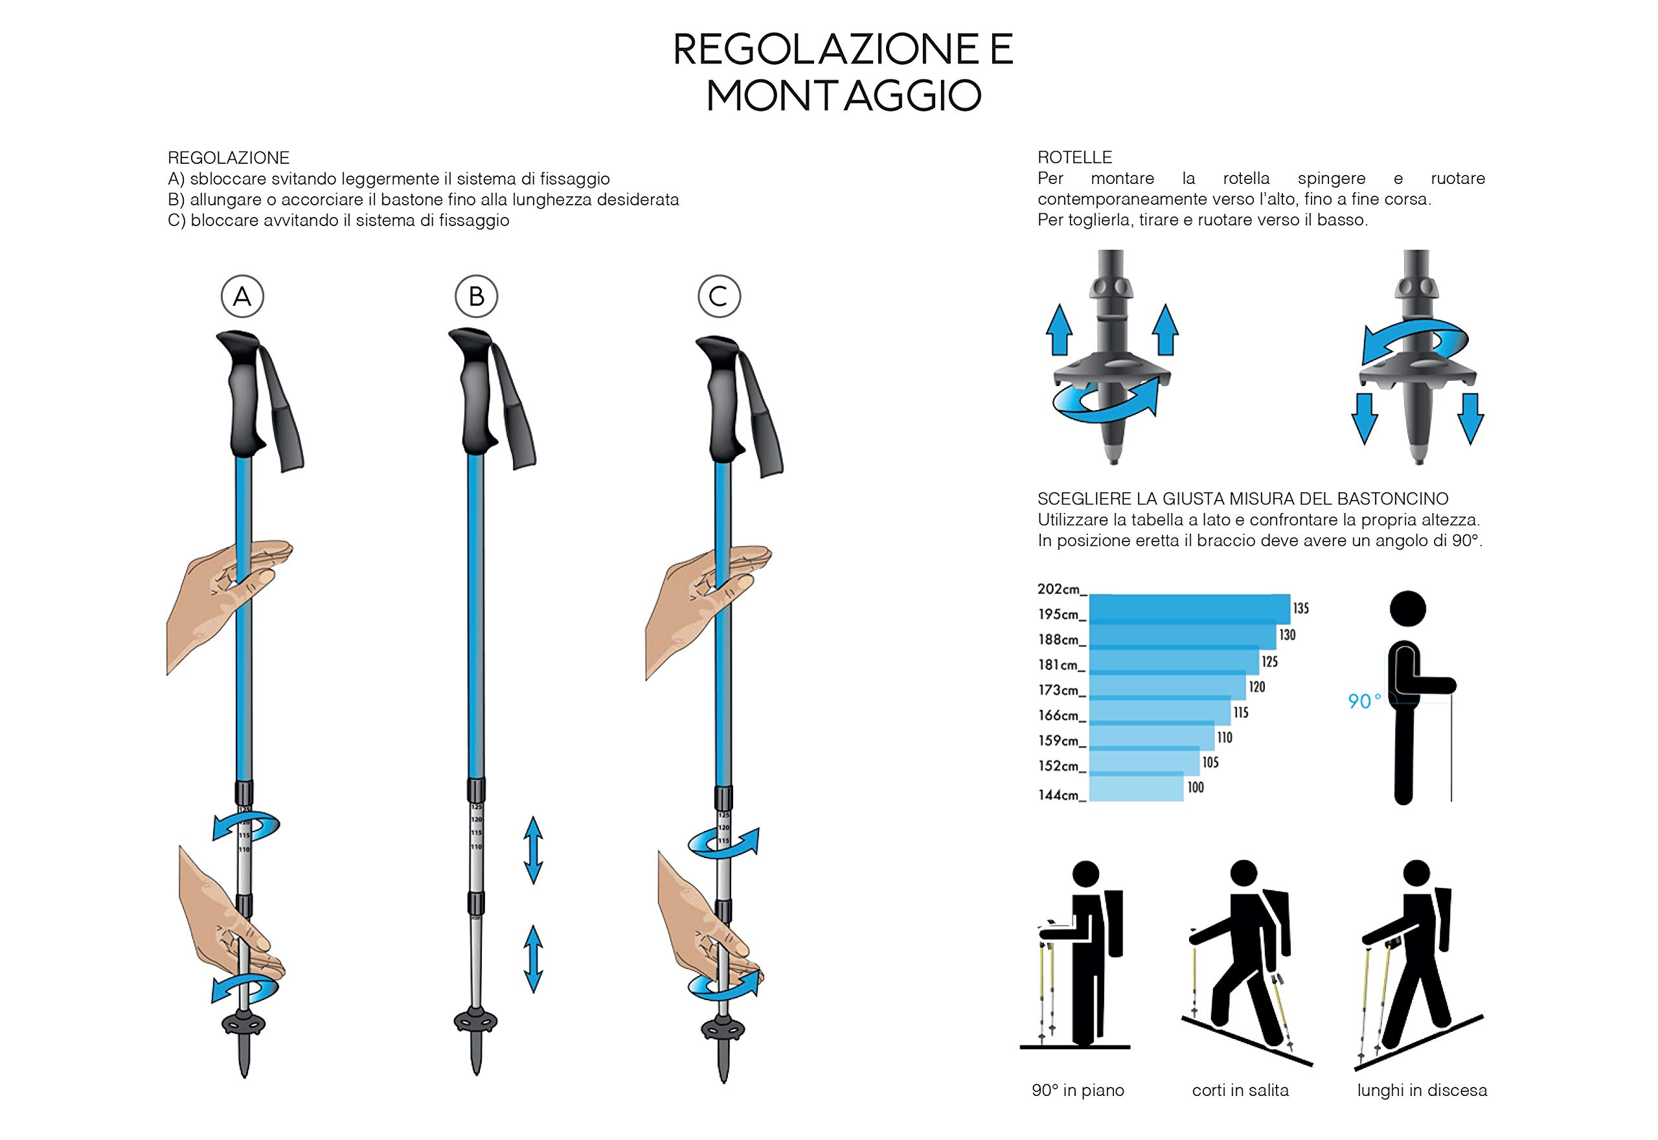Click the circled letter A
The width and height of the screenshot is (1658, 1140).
coord(242,297)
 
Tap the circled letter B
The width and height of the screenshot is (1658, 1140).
coord(476,297)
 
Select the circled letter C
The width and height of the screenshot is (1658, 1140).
coord(718,297)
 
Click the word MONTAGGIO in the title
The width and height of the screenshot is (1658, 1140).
coord(843,96)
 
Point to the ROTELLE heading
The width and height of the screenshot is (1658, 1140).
coord(1074,157)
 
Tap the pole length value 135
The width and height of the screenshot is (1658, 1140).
coord(1300,609)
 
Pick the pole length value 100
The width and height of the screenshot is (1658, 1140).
coord(1196,788)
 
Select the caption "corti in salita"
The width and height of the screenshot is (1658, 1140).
coord(1240,1090)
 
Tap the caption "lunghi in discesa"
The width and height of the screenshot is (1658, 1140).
coord(1422,1090)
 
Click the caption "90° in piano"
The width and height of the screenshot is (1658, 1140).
coord(1078,1090)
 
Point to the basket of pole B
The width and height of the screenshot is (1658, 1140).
coord(475,1022)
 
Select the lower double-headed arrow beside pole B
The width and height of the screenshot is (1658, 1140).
coord(532,959)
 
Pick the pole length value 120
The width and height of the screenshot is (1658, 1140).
coord(1256,687)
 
